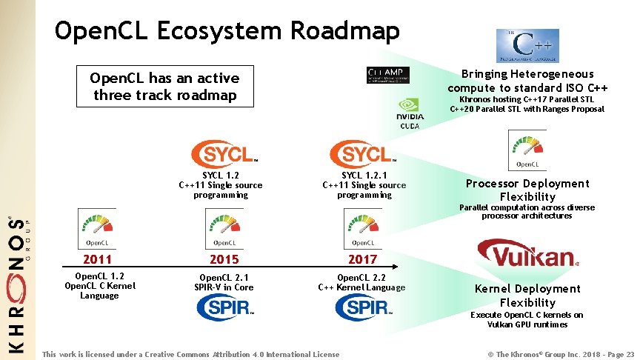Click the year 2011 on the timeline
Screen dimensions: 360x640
[98, 259]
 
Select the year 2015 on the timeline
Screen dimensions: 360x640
[224, 259]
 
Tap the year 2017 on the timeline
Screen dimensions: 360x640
[362, 259]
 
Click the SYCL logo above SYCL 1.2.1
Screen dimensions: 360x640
[362, 154]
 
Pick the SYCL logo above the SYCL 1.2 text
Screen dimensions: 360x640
[224, 154]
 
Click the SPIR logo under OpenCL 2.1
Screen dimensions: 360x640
[224, 307]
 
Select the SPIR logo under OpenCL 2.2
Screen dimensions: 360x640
[362, 307]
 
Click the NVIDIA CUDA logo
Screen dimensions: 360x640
[410, 114]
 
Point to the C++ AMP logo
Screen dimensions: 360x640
[388, 75]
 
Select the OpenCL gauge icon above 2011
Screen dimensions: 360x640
[98, 228]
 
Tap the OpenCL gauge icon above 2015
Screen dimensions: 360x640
[224, 228]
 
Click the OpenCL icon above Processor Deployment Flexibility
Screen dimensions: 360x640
[527, 150]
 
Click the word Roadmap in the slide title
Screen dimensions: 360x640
[345, 30]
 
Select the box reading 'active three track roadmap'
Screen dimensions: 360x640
[164, 87]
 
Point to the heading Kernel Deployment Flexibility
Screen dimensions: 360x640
[527, 296]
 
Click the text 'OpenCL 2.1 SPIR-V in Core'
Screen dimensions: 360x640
[224, 281]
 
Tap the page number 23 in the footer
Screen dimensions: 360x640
[630, 354]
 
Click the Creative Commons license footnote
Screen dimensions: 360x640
[191, 354]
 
